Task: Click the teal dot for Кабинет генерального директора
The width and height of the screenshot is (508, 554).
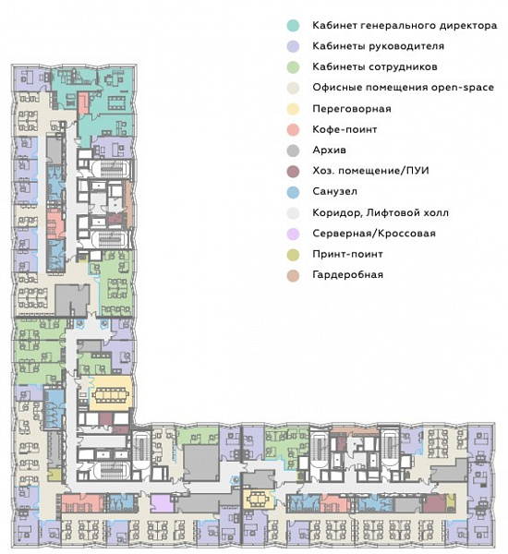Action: pos(293,26)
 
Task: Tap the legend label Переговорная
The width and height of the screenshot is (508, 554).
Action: pos(352,108)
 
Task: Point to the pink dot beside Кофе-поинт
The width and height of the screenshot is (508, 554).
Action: pos(293,129)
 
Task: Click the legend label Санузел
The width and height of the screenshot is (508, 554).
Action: pos(334,191)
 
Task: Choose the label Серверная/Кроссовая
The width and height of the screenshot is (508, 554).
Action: pos(374,234)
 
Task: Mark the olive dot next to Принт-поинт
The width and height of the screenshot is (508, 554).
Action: pos(293,255)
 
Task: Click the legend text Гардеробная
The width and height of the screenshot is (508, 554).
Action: pos(348,275)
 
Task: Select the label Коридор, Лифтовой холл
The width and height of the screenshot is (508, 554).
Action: pos(381,212)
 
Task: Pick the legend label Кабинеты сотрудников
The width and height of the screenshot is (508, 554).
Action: pos(375,66)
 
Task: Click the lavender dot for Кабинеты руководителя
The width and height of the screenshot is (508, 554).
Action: pos(293,46)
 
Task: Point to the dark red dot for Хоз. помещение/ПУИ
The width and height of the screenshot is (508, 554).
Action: pos(293,171)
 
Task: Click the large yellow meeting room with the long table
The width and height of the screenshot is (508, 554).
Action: pos(111,393)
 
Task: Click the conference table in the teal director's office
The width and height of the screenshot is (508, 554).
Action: pos(118,102)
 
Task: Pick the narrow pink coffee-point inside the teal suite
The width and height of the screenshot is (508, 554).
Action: pos(83,102)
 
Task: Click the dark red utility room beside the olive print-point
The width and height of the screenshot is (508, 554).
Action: pos(434,504)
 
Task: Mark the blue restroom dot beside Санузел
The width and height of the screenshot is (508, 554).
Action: pos(293,192)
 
